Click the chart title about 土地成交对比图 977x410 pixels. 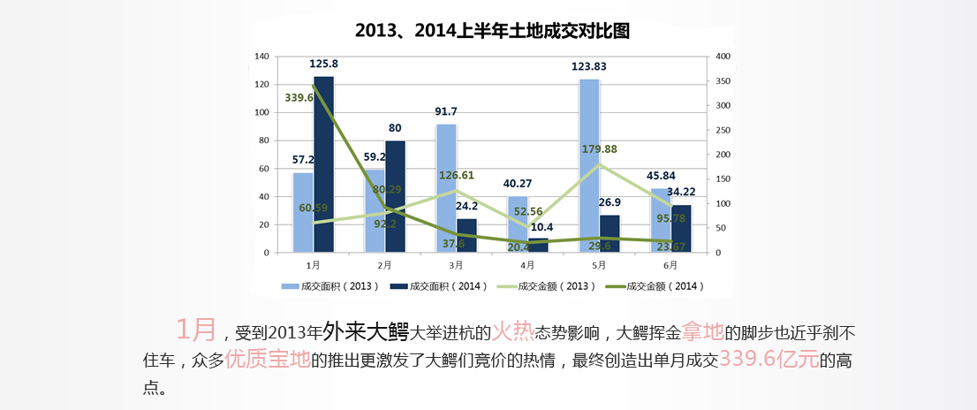click(x=492, y=30)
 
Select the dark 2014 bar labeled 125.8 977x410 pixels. click(x=324, y=163)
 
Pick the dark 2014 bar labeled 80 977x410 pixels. click(x=396, y=196)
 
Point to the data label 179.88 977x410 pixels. click(x=600, y=148)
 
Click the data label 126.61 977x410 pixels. click(x=457, y=175)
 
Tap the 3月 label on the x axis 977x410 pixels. click(x=456, y=264)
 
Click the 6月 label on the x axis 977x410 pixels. click(x=670, y=264)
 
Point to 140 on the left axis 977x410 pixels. click(x=261, y=57)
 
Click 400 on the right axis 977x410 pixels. click(x=723, y=57)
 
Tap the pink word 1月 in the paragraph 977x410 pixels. click(x=196, y=330)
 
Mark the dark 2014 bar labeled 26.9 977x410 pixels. click(x=610, y=233)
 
